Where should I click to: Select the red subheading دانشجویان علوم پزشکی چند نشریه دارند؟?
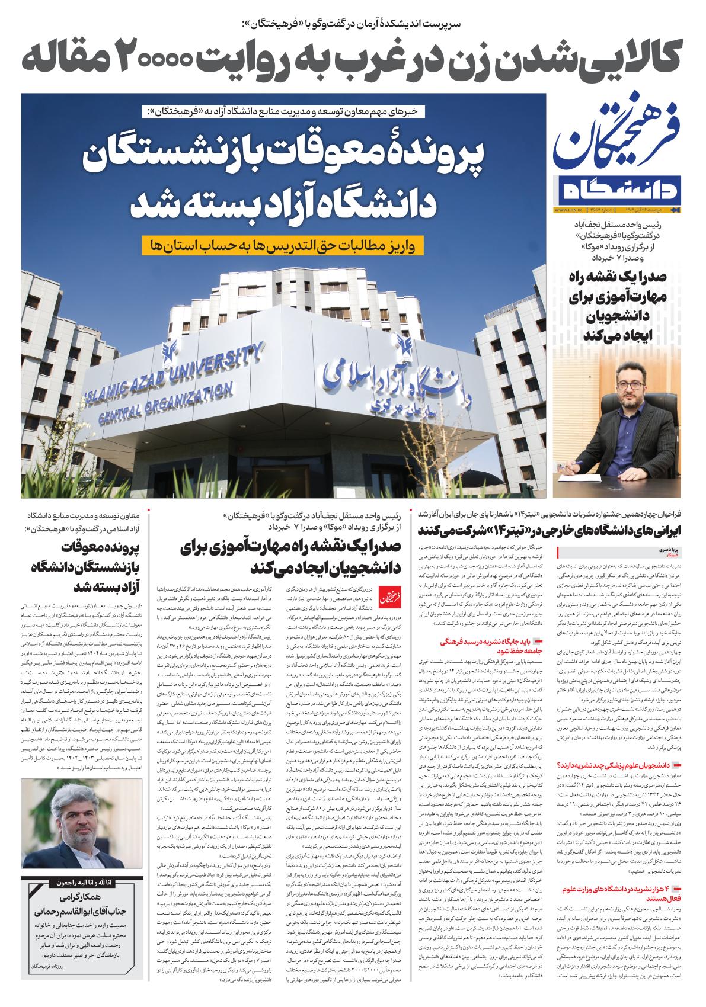(622, 765)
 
